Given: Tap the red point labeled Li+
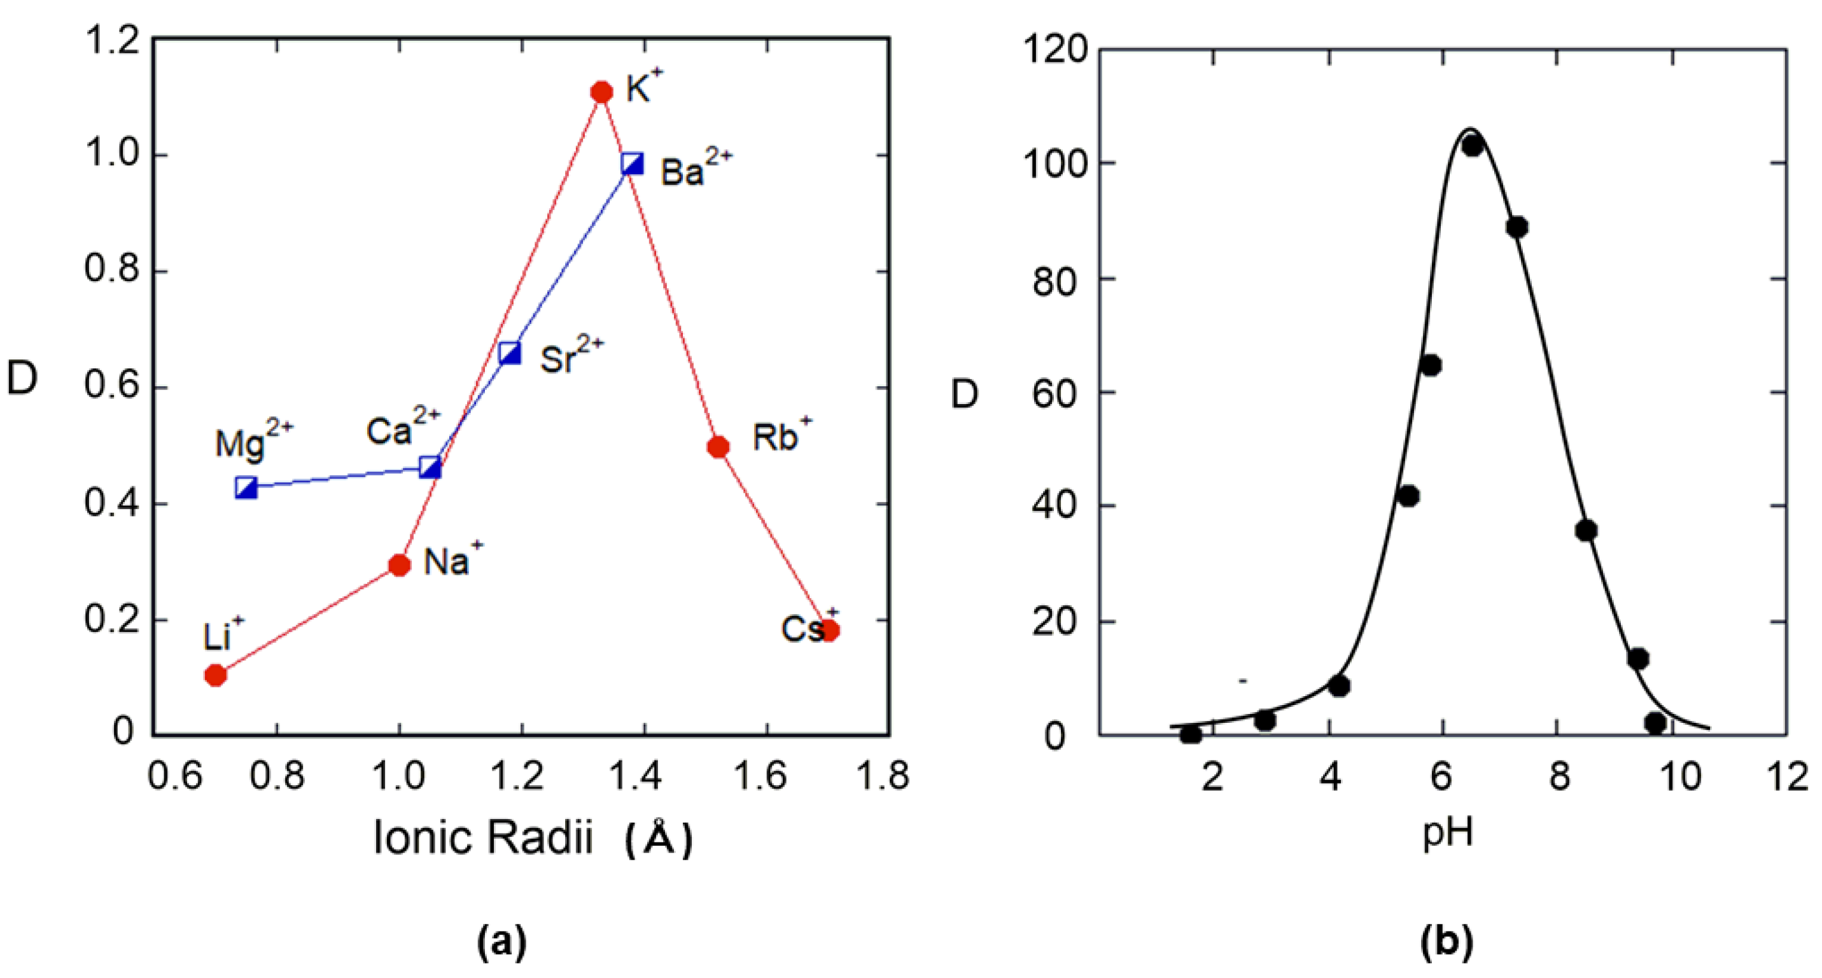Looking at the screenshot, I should [216, 675].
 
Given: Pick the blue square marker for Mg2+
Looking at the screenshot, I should [246, 487].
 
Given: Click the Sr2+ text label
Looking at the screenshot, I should [570, 355].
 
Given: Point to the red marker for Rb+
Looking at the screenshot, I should [718, 447].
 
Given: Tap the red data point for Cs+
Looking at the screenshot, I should [830, 630].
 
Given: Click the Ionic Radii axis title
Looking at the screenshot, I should [532, 838].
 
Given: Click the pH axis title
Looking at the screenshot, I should [1447, 833].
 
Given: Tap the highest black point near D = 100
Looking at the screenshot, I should [1473, 146].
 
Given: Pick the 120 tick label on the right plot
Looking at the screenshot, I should [1054, 51].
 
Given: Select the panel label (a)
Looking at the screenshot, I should [502, 942].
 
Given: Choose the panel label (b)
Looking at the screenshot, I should [1447, 942].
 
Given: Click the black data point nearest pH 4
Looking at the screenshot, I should [1339, 685].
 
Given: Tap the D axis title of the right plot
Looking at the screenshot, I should [964, 394].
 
